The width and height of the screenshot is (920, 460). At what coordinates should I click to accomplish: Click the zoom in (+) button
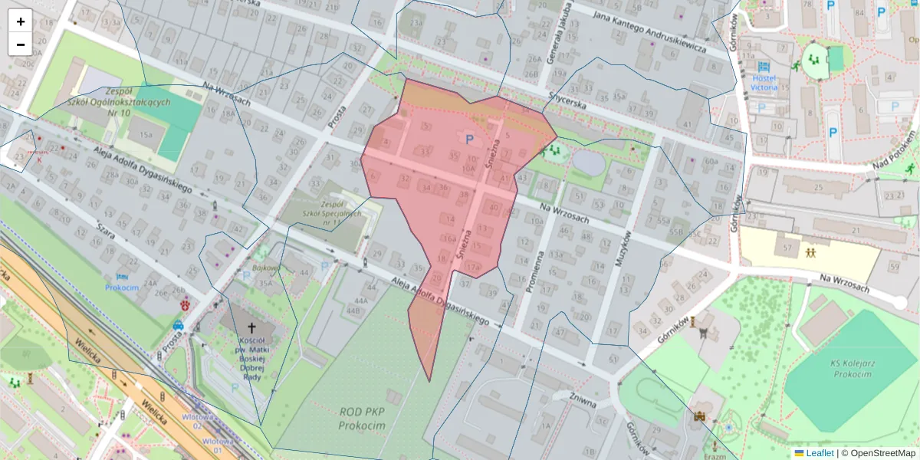pyautogui.click(x=21, y=21)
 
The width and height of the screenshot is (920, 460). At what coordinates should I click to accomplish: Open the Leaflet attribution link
pyautogui.click(x=820, y=453)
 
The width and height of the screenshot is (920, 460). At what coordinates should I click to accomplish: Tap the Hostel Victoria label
pyautogui.click(x=764, y=82)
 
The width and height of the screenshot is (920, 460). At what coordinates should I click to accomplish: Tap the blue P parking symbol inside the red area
pyautogui.click(x=469, y=139)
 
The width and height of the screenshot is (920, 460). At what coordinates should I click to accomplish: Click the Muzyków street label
pyautogui.click(x=625, y=248)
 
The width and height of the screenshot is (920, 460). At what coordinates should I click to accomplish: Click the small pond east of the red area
pyautogui.click(x=587, y=162)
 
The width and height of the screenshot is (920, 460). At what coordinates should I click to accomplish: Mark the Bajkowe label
pyautogui.click(x=264, y=268)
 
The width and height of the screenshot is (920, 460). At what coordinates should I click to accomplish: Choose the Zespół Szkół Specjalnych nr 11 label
pyautogui.click(x=331, y=214)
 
